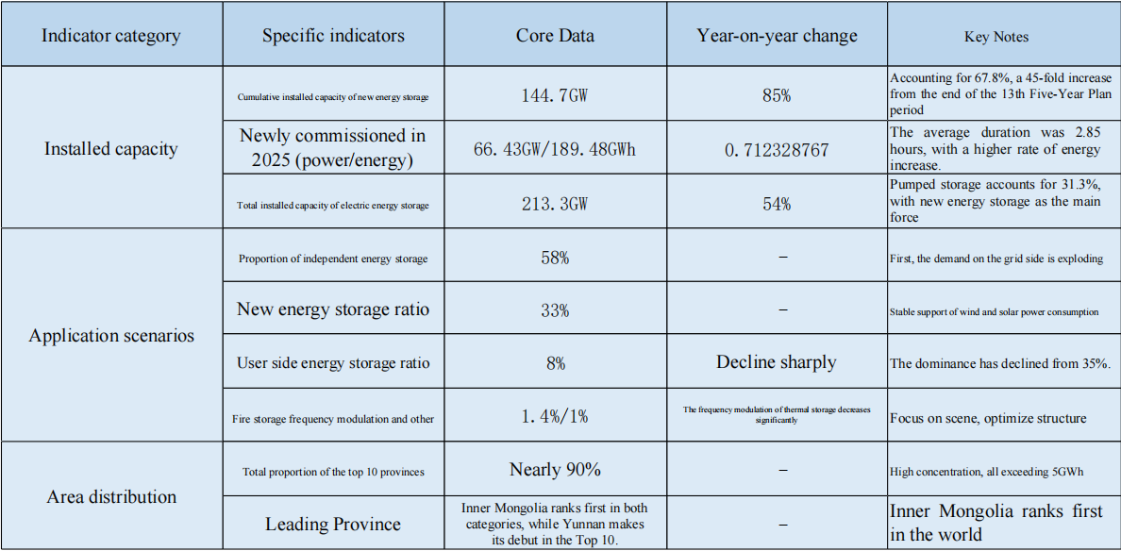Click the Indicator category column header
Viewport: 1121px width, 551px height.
tap(111, 36)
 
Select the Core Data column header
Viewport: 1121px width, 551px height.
tap(555, 36)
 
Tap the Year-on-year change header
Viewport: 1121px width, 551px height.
tap(777, 36)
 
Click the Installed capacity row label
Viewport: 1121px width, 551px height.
tap(111, 148)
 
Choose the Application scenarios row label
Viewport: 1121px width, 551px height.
tap(111, 336)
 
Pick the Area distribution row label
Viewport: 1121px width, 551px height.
tap(111, 496)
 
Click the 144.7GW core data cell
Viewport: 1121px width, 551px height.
tap(555, 95)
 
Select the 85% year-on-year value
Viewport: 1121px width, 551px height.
tap(777, 95)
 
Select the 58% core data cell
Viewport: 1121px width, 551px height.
tap(555, 258)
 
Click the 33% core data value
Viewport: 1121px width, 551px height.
tap(555, 309)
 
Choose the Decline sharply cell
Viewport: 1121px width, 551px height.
tap(777, 362)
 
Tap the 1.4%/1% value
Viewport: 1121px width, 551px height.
tap(555, 416)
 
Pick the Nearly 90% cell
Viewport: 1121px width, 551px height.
tap(555, 469)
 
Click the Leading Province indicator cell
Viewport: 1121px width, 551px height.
tap(333, 525)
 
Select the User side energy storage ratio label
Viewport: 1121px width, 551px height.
tap(333, 363)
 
